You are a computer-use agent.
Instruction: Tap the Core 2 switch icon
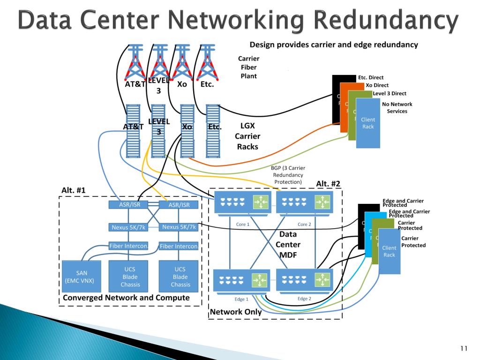click(304, 202)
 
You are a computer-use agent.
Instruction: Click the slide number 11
click(464, 348)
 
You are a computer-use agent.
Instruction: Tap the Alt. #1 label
click(73, 190)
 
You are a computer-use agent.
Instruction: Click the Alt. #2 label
click(328, 183)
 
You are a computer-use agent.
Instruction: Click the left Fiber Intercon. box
click(129, 246)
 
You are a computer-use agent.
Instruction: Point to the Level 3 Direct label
click(389, 93)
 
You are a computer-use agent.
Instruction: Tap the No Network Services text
click(397, 107)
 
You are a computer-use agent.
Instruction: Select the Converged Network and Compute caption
click(126, 298)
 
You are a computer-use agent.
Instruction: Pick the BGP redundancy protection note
click(288, 175)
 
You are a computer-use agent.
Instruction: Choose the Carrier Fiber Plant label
click(248, 67)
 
